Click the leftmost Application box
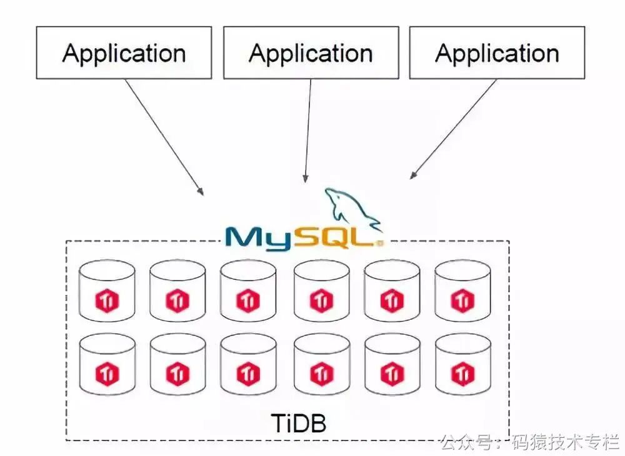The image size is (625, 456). click(124, 52)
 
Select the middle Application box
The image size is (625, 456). click(311, 52)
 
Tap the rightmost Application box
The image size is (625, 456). click(497, 52)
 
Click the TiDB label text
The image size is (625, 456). click(299, 424)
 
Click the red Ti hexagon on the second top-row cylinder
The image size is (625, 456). click(177, 302)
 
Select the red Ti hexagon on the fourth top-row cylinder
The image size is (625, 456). click(321, 302)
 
